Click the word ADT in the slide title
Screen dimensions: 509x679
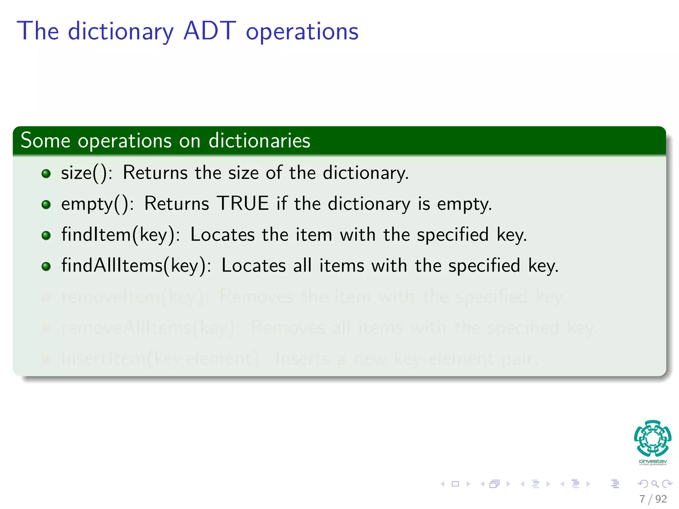click(x=210, y=31)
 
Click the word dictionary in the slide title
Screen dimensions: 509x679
click(x=121, y=31)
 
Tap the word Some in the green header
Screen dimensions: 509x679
click(x=45, y=140)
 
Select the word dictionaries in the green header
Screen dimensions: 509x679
click(x=259, y=140)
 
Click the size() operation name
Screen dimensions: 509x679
click(x=86, y=173)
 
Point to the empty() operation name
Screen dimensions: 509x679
click(x=97, y=203)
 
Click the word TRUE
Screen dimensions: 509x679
click(x=242, y=203)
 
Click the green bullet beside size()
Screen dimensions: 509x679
click(x=46, y=173)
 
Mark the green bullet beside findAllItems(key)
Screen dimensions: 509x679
click(x=46, y=266)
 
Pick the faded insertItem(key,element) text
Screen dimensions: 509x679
click(x=162, y=359)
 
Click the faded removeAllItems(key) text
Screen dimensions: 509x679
click(x=148, y=327)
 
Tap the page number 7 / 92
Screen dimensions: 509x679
click(x=653, y=499)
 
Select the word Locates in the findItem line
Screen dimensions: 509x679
click(x=222, y=235)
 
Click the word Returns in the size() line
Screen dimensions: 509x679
click(x=155, y=173)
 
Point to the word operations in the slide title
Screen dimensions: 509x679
click(x=302, y=31)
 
